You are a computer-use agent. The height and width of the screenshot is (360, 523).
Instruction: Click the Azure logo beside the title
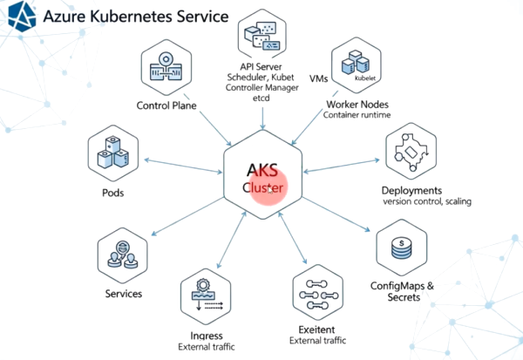click(22, 17)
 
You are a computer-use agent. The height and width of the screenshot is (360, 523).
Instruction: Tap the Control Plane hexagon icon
click(166, 67)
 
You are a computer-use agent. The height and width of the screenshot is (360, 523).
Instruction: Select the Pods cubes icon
click(113, 153)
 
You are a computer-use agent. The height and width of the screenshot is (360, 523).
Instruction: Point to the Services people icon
click(122, 255)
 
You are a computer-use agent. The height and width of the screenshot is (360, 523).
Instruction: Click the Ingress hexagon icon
click(206, 296)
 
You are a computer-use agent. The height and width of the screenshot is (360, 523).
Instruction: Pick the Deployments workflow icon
click(411, 151)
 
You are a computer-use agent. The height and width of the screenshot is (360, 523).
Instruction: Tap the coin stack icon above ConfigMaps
click(402, 248)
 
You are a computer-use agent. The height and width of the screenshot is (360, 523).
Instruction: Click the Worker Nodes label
click(357, 105)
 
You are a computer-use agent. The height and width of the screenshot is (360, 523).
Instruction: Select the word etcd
click(261, 98)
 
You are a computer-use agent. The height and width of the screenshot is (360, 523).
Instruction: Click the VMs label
click(318, 78)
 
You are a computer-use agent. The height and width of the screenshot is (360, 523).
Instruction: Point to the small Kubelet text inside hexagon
click(365, 78)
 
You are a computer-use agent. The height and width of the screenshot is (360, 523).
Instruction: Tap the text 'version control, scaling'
click(427, 201)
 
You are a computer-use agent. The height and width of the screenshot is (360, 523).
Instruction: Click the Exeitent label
click(316, 329)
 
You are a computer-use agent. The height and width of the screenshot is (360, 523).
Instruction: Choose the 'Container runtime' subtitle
click(357, 115)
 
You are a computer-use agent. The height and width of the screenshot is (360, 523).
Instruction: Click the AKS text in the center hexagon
click(262, 170)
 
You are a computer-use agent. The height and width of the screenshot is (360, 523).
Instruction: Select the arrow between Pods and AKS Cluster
click(183, 166)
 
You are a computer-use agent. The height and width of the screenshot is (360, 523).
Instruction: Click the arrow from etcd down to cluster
click(263, 118)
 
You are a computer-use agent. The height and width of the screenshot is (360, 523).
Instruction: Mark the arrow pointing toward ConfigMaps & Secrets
click(336, 214)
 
